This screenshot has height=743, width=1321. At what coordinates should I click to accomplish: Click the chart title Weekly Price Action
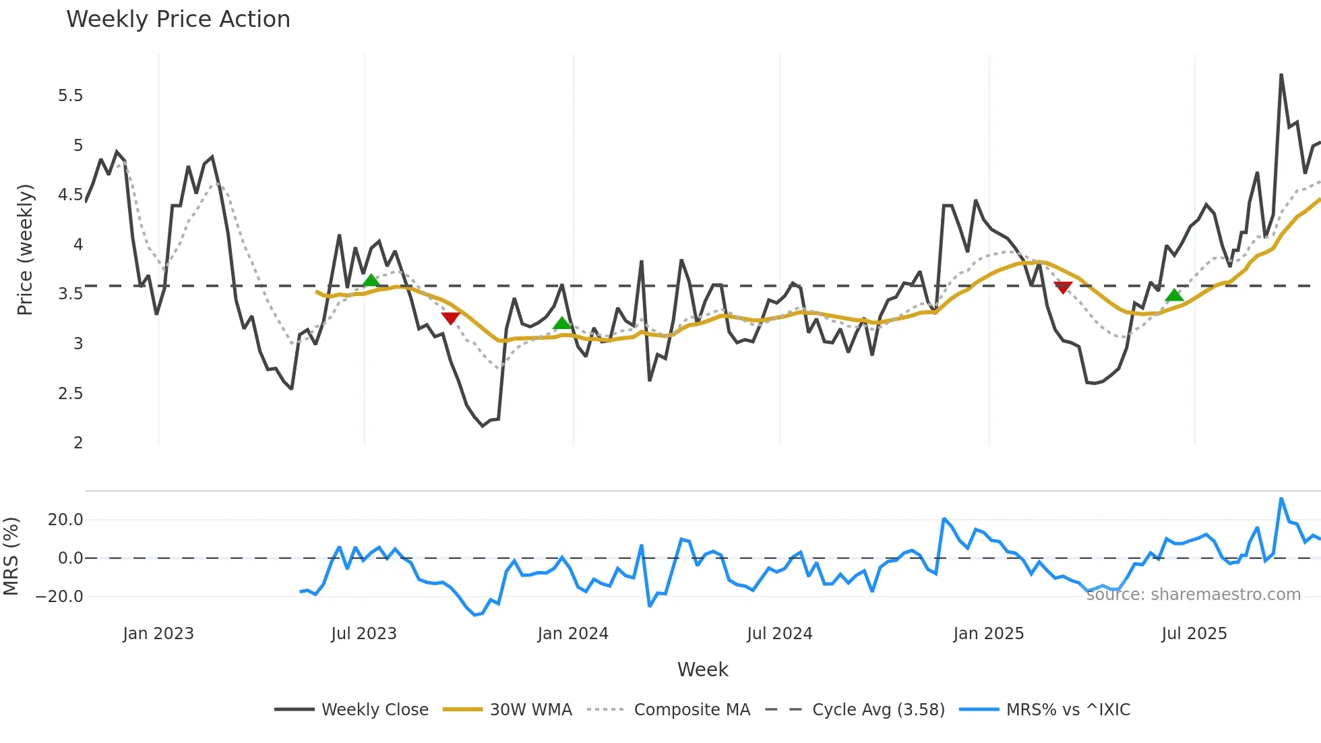(x=178, y=20)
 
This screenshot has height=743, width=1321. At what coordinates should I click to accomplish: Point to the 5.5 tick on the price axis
(x=71, y=96)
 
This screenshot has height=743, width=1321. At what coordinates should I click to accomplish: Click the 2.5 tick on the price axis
(x=71, y=394)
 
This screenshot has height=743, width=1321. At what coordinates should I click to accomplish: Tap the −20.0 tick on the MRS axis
(x=59, y=597)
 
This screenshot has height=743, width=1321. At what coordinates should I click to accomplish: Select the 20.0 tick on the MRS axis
(x=65, y=520)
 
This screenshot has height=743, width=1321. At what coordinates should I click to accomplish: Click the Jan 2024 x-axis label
(x=573, y=634)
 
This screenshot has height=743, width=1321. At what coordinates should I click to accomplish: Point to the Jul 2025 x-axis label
(x=1194, y=634)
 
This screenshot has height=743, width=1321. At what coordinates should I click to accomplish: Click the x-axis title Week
(x=702, y=670)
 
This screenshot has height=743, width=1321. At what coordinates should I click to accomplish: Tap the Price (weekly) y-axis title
(x=25, y=249)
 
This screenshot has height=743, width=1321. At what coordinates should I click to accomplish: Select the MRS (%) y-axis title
(x=11, y=556)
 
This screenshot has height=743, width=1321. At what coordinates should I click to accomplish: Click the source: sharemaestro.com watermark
(x=1193, y=595)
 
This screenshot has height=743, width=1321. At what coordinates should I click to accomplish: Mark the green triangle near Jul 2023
(x=371, y=280)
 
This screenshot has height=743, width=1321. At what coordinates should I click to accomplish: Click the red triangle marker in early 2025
(x=1063, y=288)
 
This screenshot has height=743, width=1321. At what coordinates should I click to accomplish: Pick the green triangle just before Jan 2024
(x=561, y=324)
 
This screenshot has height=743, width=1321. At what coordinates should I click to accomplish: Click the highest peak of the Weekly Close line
(x=1281, y=75)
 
